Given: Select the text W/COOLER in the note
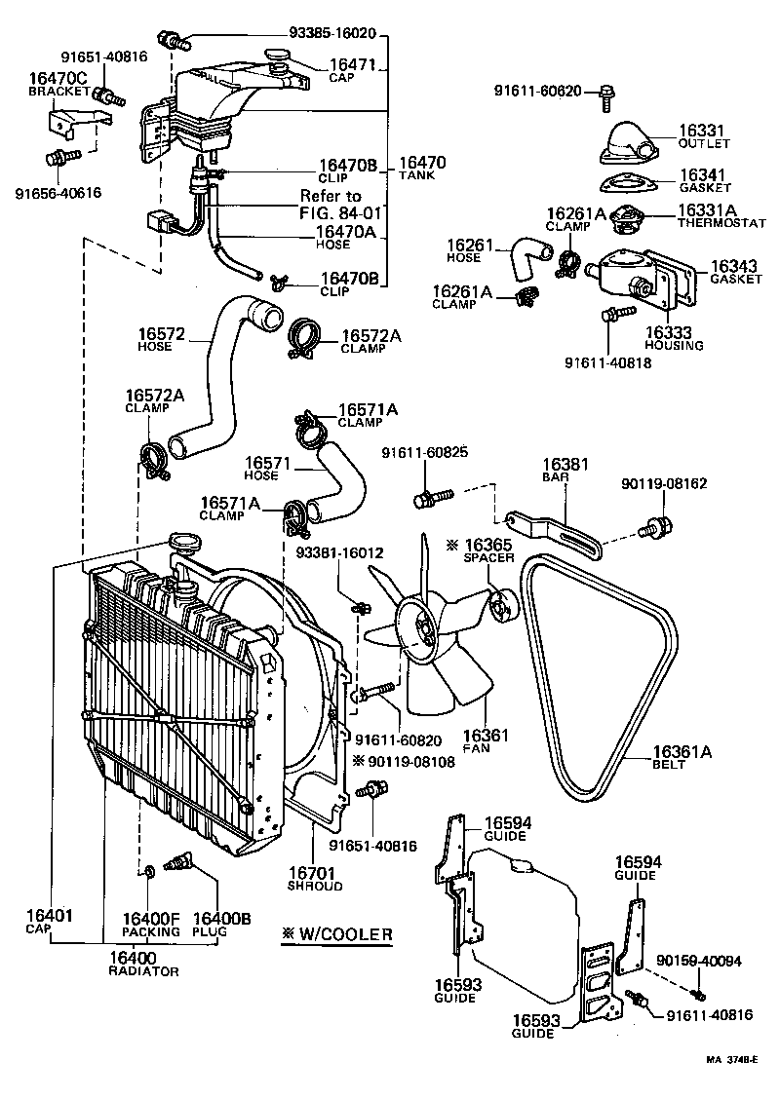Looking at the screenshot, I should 345,934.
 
